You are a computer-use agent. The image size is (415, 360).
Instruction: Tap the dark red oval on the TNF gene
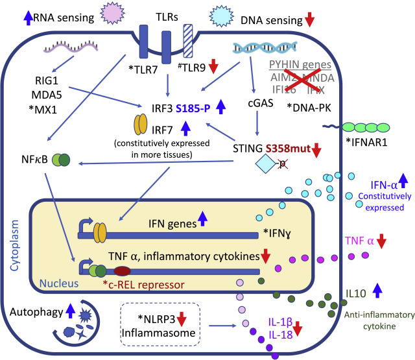[x=123, y=269]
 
